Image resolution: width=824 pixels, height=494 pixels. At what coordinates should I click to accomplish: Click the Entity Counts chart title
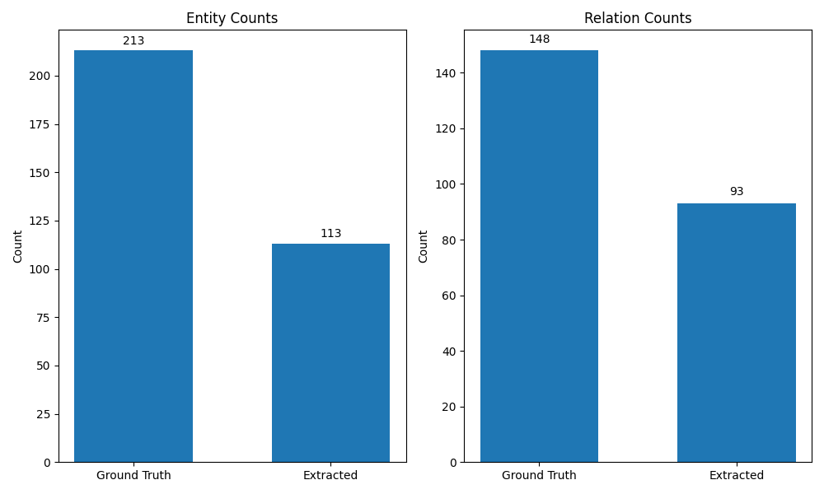(x=232, y=18)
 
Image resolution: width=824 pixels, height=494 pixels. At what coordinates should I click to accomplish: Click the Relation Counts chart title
(x=638, y=18)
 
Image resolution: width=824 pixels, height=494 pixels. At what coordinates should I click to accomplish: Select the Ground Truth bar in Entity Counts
(x=133, y=256)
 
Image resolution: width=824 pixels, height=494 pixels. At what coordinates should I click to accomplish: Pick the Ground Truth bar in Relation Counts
(x=539, y=256)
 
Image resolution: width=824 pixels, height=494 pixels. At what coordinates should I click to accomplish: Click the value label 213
(x=133, y=40)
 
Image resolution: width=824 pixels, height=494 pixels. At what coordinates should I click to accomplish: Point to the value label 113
(x=330, y=234)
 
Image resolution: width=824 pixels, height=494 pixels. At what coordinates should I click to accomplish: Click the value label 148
(x=539, y=40)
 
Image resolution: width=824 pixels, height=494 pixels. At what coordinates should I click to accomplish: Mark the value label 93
(x=736, y=192)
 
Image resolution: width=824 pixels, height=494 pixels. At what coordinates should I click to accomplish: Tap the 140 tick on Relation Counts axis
(x=446, y=73)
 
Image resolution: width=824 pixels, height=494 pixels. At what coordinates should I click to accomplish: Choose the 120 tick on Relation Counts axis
(x=446, y=129)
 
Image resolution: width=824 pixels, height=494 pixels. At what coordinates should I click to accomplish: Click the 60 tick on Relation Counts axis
(x=449, y=296)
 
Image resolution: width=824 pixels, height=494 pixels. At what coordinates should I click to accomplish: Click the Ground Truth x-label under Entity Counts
(x=133, y=476)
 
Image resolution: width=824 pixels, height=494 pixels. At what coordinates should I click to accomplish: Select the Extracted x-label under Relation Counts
(x=736, y=476)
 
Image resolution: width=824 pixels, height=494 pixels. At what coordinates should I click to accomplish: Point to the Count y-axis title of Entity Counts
(x=18, y=246)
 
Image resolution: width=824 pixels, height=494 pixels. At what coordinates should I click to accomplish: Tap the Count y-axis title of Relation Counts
(x=424, y=246)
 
